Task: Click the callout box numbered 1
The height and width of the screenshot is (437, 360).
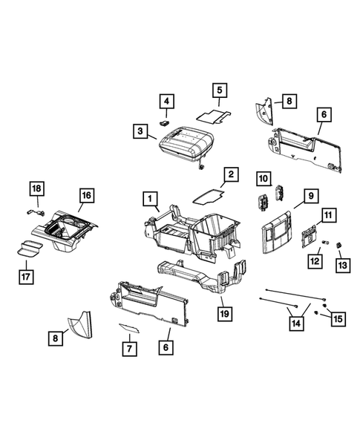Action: [150, 198]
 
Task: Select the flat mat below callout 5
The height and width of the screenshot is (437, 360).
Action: [212, 116]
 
